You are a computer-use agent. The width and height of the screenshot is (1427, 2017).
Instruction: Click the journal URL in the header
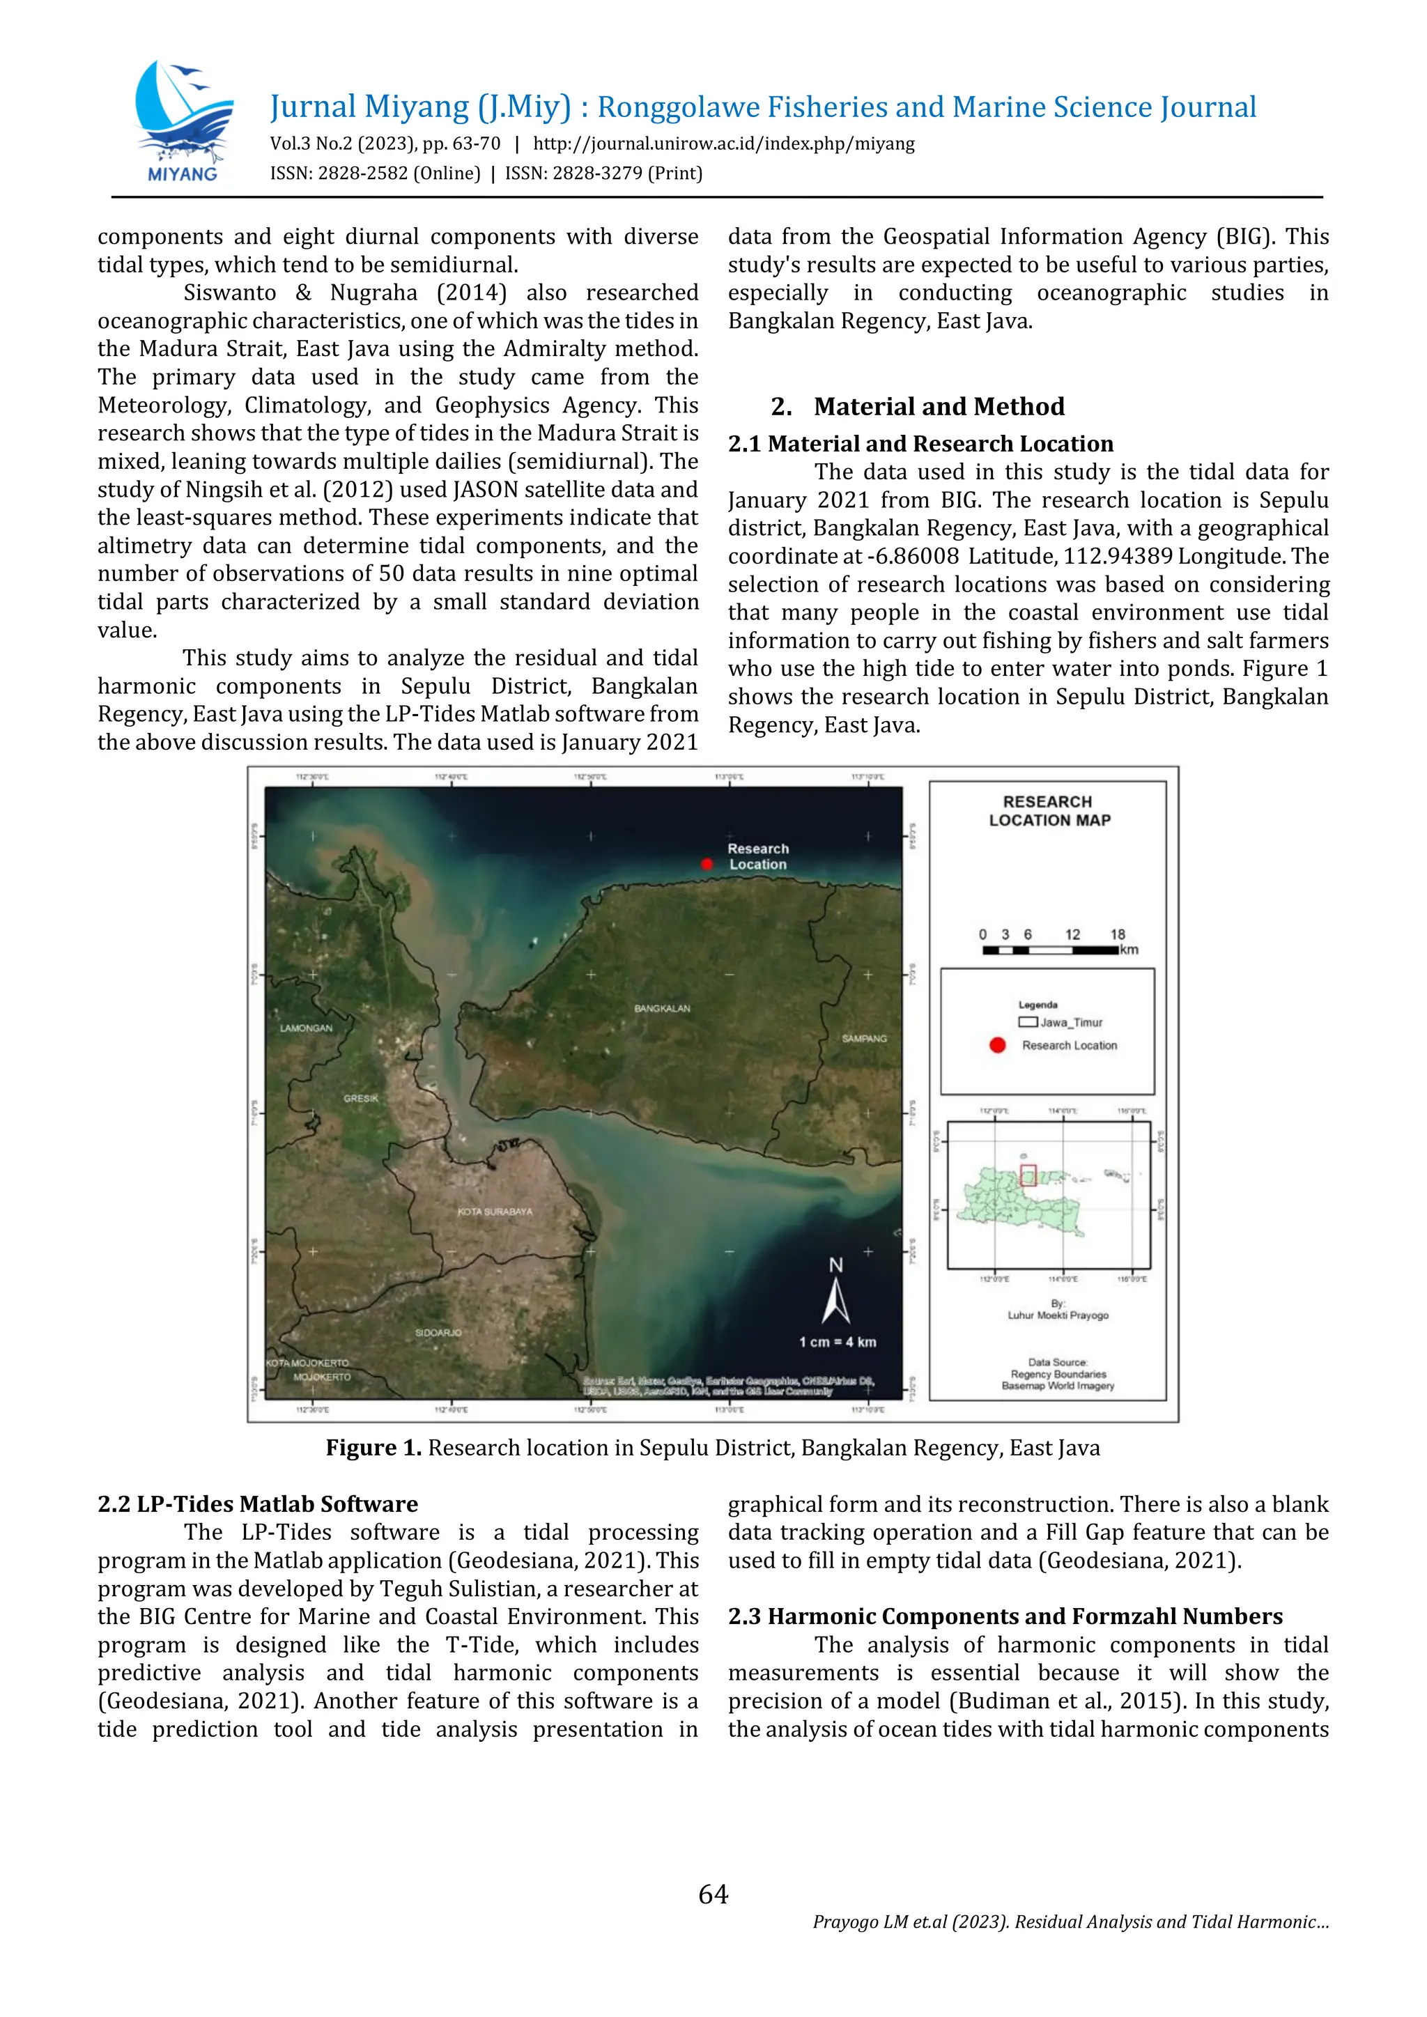pyautogui.click(x=723, y=144)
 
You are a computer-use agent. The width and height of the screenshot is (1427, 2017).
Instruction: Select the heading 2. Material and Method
pyautogui.click(x=918, y=407)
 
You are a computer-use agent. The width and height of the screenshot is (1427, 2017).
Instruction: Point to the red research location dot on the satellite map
pyautogui.click(x=707, y=865)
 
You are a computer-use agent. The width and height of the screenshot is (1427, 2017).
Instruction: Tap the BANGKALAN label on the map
pyautogui.click(x=662, y=1009)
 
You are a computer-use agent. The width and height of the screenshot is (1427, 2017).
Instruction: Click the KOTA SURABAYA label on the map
pyautogui.click(x=495, y=1212)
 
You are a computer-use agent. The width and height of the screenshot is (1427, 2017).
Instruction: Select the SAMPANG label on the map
pyautogui.click(x=864, y=1038)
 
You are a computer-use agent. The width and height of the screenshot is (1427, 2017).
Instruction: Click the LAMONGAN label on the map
pyautogui.click(x=306, y=1028)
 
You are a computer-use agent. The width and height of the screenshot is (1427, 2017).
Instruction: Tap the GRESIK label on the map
pyautogui.click(x=360, y=1098)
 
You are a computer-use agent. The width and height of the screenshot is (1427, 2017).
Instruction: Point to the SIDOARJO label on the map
pyautogui.click(x=438, y=1333)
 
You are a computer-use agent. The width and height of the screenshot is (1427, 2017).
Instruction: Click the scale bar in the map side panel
pyautogui.click(x=1050, y=950)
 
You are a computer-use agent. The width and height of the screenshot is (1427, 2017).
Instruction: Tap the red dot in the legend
pyautogui.click(x=996, y=1045)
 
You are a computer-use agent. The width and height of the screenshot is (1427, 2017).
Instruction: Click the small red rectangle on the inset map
pyautogui.click(x=1028, y=1175)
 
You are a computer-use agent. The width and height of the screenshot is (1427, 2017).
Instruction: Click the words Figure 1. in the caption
pyautogui.click(x=373, y=1447)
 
